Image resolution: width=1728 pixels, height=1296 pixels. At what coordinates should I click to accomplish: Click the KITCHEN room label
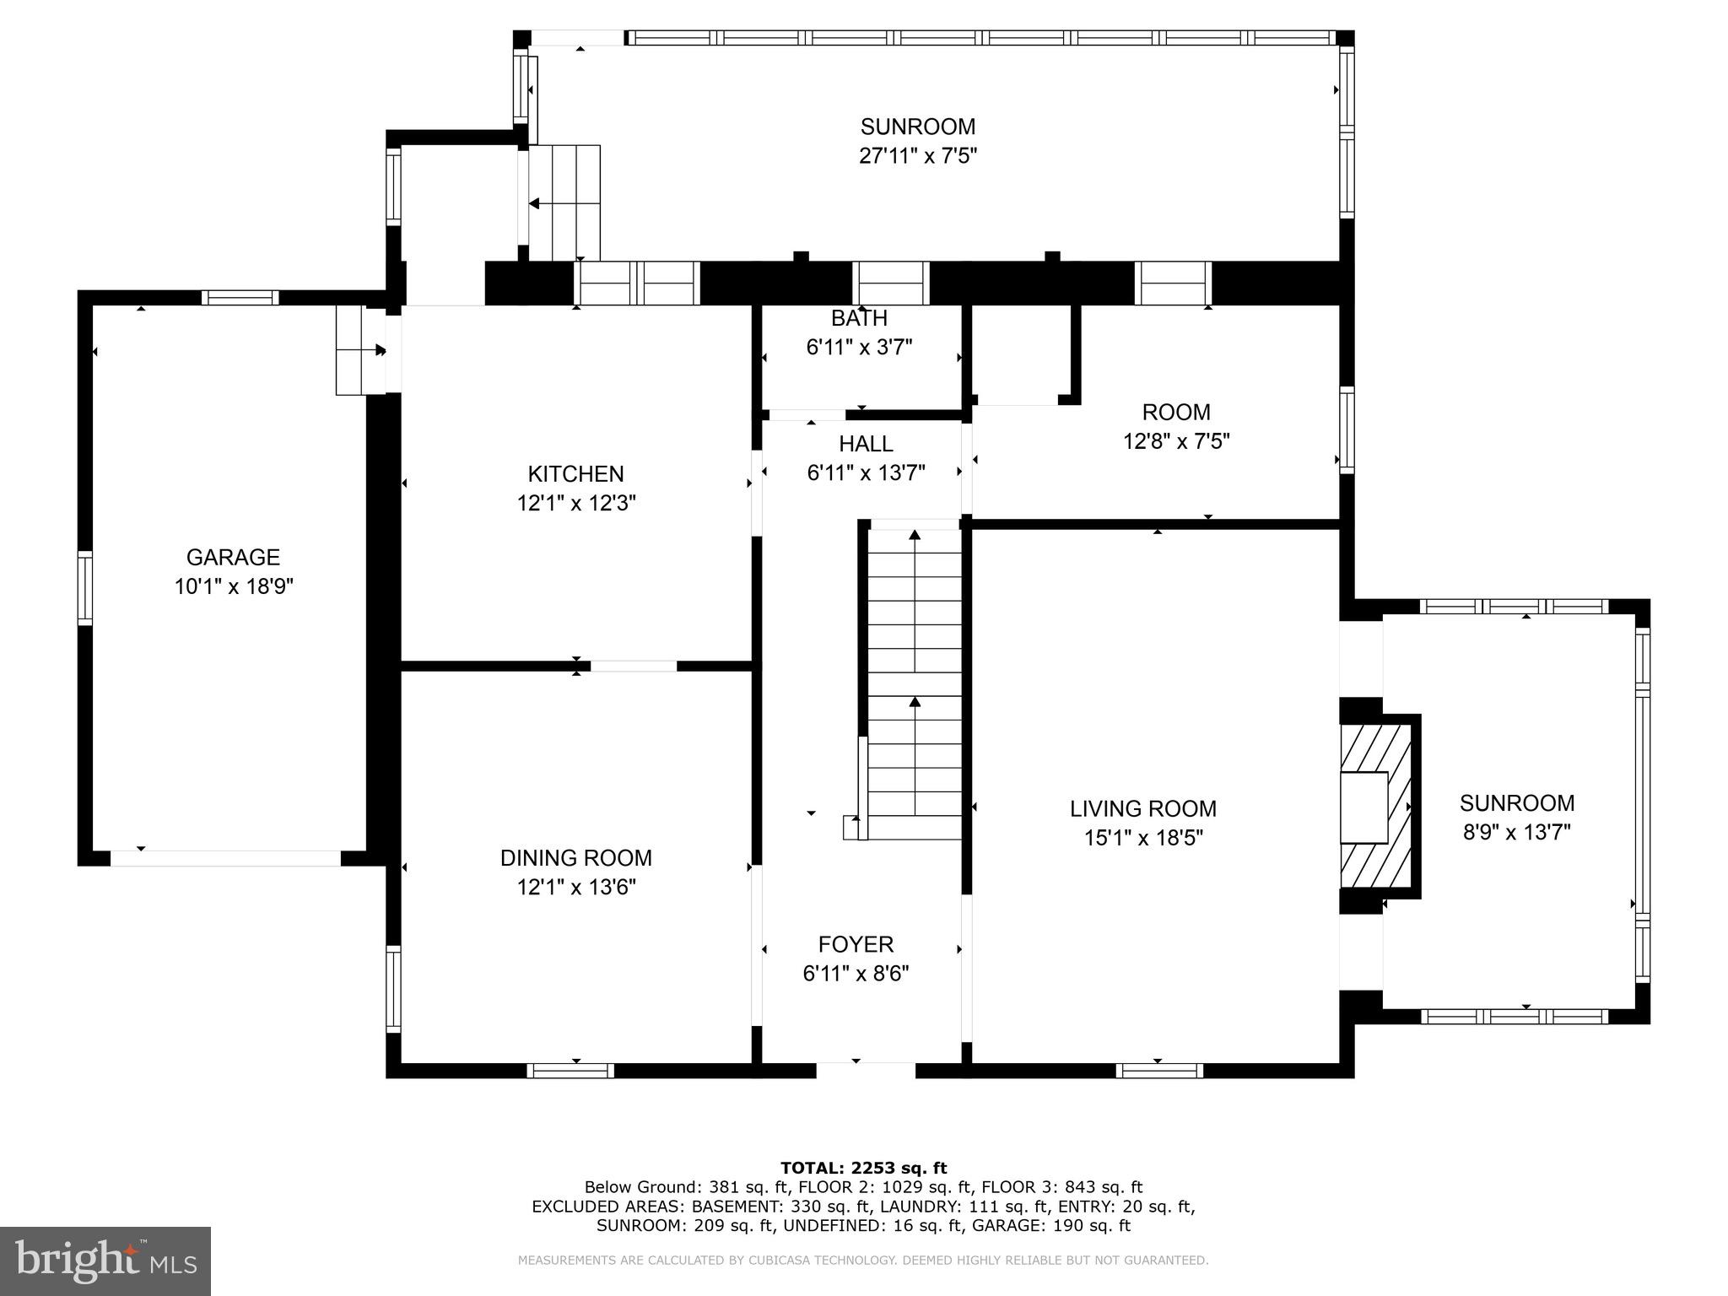tap(576, 474)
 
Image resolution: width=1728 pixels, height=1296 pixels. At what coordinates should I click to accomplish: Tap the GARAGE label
tap(233, 557)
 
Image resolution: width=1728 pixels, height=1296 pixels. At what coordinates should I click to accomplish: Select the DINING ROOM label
tap(576, 858)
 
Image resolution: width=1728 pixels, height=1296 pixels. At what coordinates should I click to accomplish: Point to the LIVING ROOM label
tap(1143, 808)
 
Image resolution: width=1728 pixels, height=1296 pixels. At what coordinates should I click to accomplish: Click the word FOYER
tap(856, 944)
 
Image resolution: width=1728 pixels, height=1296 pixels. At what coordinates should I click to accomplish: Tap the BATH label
tap(859, 318)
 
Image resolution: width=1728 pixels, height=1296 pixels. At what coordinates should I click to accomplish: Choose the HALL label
tap(866, 444)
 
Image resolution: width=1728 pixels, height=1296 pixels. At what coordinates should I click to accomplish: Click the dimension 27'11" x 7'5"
tap(918, 156)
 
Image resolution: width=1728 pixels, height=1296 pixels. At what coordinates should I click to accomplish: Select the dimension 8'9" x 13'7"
tap(1517, 833)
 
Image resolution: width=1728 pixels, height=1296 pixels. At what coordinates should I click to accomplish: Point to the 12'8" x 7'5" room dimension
tap(1176, 441)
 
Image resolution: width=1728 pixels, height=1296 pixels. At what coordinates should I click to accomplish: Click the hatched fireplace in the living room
tap(1377, 806)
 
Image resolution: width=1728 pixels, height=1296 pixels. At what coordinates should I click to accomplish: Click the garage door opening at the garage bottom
tap(225, 858)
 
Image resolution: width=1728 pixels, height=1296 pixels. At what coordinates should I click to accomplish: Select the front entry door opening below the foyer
tap(866, 1070)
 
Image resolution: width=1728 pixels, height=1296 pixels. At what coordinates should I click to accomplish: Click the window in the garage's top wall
tap(240, 297)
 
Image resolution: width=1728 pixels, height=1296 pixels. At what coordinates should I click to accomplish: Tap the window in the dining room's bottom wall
tap(570, 1071)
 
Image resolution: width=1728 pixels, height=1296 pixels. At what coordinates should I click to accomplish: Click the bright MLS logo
tap(105, 1261)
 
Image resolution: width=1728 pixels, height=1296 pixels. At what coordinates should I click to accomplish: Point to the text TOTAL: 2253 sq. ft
tap(864, 1168)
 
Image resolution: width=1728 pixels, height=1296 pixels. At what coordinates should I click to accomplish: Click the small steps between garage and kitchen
tap(361, 349)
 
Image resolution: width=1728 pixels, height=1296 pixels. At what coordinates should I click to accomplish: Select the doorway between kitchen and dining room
tap(634, 666)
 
